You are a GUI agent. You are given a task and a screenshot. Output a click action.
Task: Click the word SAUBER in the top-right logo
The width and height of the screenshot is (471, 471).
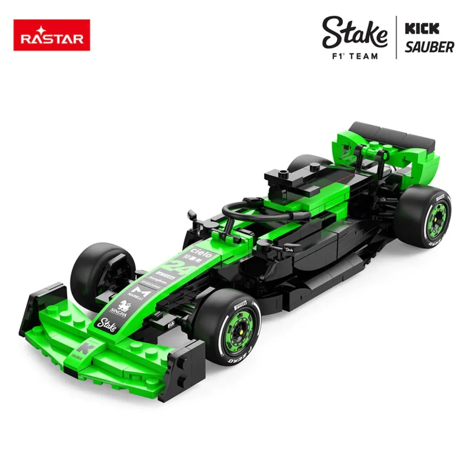(429, 47)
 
